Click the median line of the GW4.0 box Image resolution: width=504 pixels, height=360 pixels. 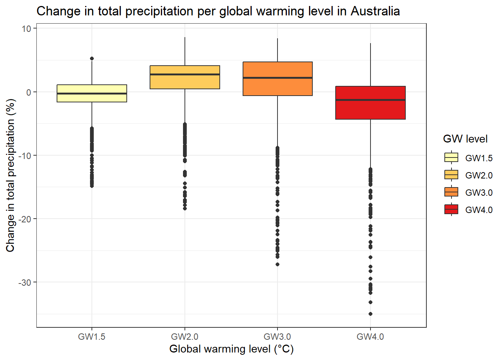click(370, 100)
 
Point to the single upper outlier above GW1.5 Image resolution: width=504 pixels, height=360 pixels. click(92, 58)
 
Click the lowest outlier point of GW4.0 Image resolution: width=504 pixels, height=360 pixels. click(370, 314)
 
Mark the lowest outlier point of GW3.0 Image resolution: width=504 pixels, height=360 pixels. click(277, 264)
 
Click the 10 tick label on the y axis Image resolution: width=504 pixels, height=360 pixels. click(26, 29)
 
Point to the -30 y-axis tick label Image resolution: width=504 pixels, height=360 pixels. click(25, 282)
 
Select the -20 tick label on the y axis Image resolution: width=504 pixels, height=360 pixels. click(25, 219)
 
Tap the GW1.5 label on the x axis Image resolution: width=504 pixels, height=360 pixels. click(92, 337)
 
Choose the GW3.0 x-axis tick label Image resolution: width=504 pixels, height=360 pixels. click(277, 337)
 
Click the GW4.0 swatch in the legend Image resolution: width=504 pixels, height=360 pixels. click(451, 209)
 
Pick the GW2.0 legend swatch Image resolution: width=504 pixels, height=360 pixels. click(451, 175)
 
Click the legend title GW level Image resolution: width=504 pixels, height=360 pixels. click(465, 139)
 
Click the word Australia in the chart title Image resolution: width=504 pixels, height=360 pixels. click(375, 11)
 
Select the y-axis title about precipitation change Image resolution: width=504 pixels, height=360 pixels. click(10, 175)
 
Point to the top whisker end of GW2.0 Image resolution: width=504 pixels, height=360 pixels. click(185, 37)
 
